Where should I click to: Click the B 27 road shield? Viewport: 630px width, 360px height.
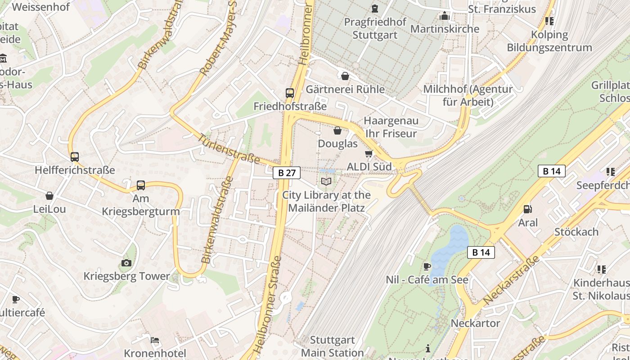pos(287,172)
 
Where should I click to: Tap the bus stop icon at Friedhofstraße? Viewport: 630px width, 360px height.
pos(290,93)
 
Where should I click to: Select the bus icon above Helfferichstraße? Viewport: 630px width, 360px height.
pos(75,157)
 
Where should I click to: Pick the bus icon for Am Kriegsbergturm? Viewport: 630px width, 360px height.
pos(141,185)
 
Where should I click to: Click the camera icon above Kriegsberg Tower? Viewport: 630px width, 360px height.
pos(126,263)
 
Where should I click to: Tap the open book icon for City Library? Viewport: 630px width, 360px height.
pos(326,181)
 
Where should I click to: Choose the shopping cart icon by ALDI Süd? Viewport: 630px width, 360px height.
pos(369,153)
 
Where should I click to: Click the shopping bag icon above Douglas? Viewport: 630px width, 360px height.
pos(337,130)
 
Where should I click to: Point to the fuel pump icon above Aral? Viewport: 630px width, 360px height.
pos(527,209)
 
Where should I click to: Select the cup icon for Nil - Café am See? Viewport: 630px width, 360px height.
pos(427,266)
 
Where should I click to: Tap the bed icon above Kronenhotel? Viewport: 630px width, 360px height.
pos(155,340)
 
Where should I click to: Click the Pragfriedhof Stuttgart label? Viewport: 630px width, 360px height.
pos(375,28)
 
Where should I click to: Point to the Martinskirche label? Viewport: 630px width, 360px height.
pos(445,29)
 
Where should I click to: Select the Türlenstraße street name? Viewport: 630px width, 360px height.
pos(229,149)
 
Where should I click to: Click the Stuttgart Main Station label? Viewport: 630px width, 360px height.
pos(332,346)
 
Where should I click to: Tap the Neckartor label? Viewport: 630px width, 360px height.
pos(475,323)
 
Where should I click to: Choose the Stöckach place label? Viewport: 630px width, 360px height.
pos(576,232)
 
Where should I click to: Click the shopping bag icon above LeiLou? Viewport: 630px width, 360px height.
pos(49,196)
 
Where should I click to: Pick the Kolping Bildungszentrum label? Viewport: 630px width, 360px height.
pos(549,41)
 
